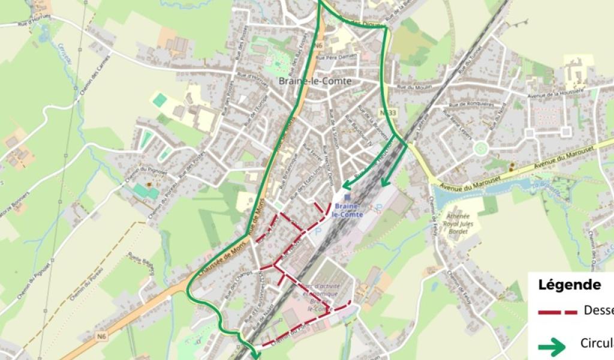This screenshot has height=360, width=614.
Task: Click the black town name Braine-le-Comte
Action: (x=315, y=81)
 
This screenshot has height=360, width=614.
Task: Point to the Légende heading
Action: (x=569, y=285)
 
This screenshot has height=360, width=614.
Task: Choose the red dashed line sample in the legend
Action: (x=557, y=312)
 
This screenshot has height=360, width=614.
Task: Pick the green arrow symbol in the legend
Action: (x=551, y=346)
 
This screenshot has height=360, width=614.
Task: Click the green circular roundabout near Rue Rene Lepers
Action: (x=480, y=148)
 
